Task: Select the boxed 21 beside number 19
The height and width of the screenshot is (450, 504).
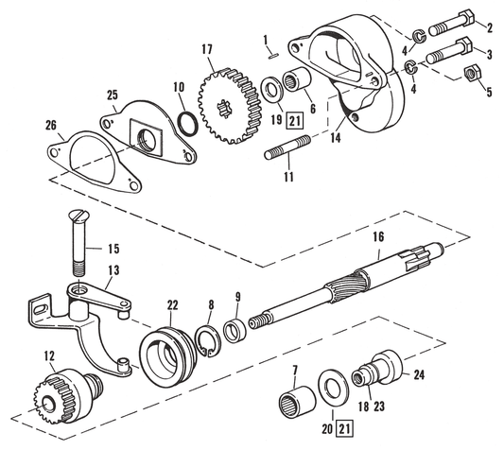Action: pyautogui.click(x=269, y=120)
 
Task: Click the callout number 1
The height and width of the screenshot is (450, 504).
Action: pyautogui.click(x=267, y=40)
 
